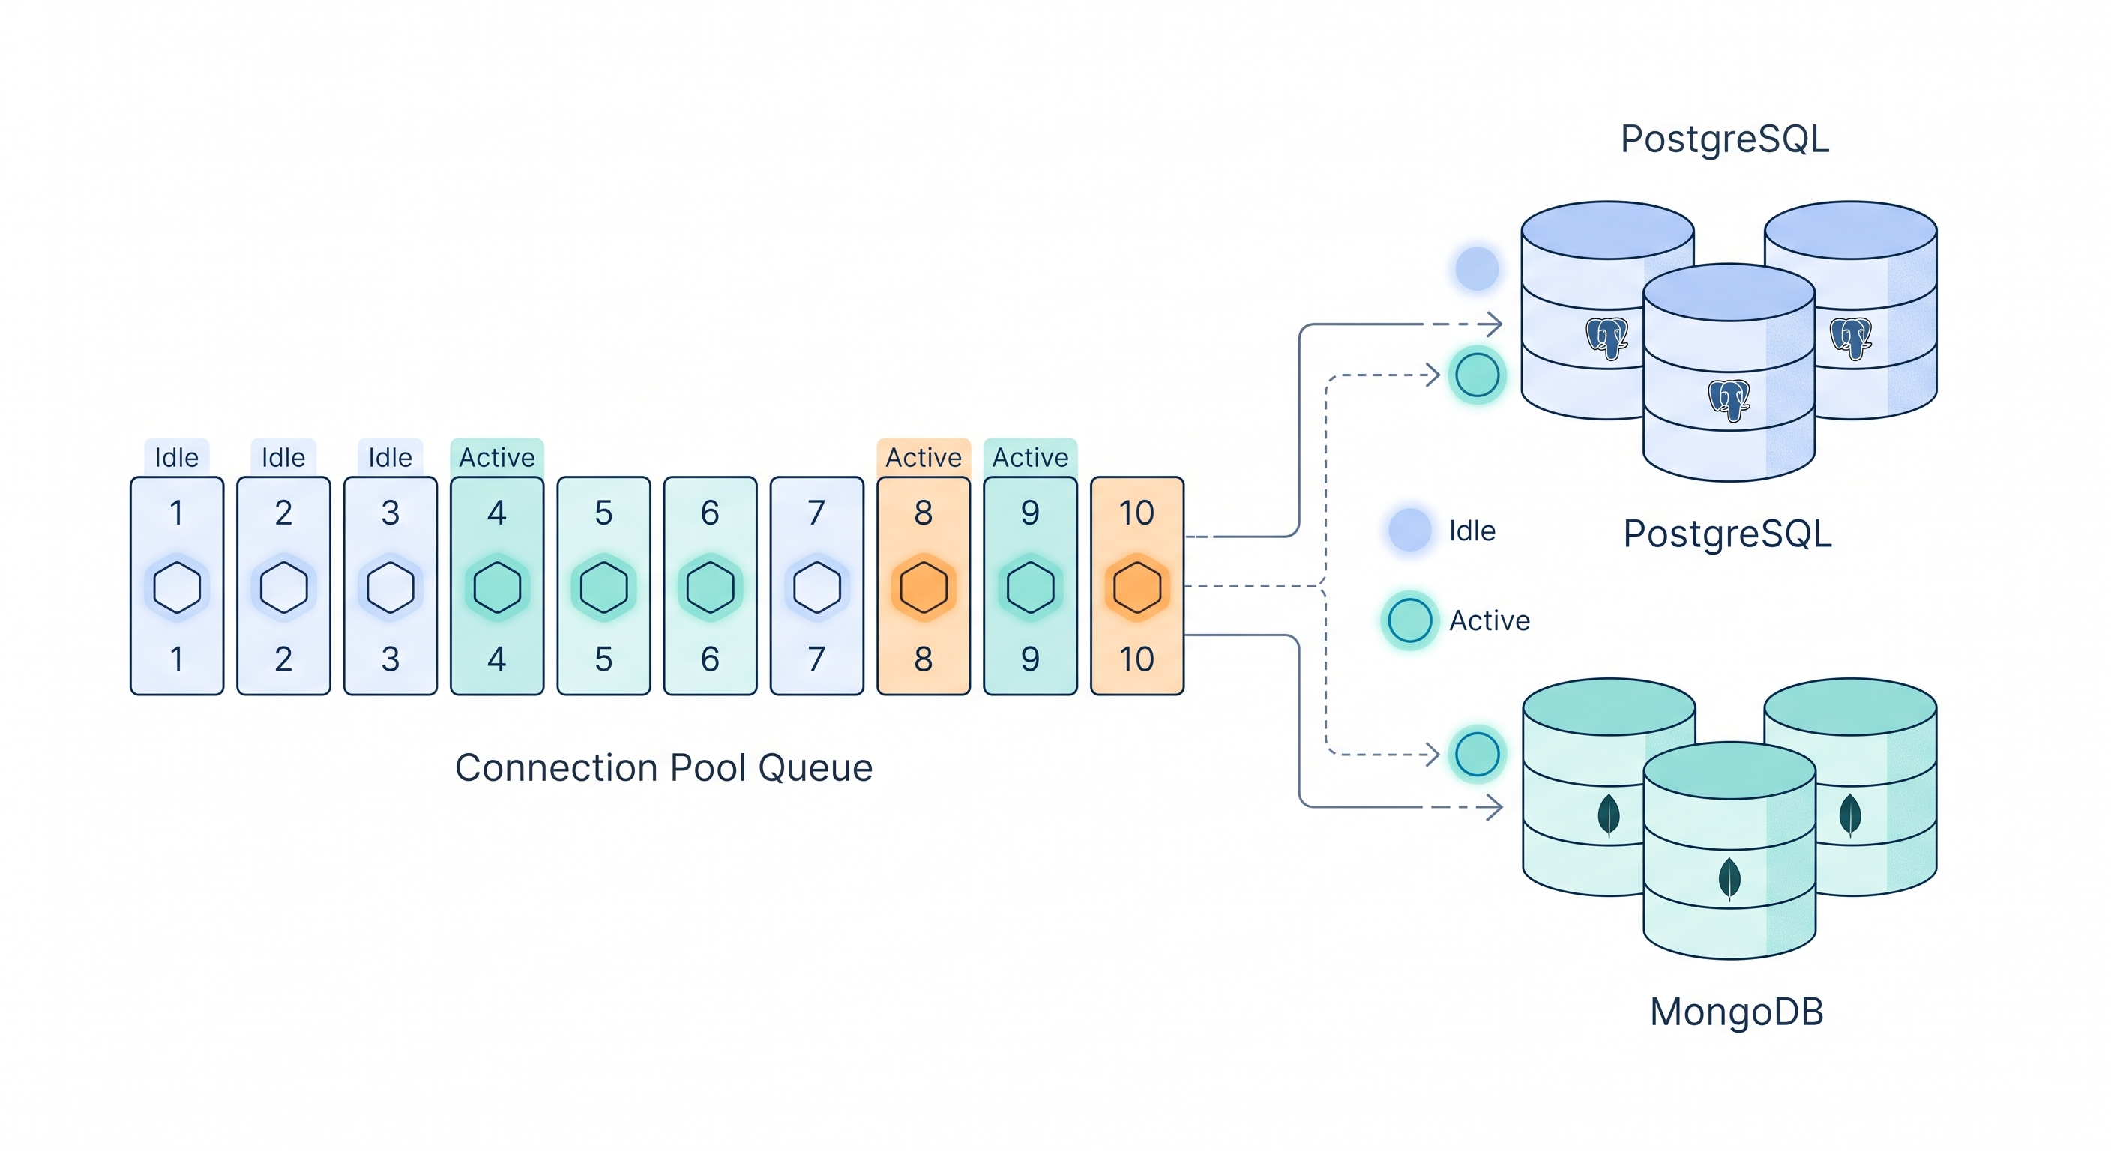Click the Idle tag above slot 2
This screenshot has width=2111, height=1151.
[283, 457]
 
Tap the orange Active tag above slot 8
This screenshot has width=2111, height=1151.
[924, 457]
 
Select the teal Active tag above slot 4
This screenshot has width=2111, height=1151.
[496, 457]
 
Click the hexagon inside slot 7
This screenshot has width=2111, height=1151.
[816, 587]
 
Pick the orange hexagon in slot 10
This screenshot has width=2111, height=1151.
[1136, 587]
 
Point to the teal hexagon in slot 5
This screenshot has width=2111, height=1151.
[603, 587]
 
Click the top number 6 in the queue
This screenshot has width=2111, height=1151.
[710, 513]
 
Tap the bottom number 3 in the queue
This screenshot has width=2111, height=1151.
[390, 659]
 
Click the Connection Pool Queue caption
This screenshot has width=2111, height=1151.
[663, 767]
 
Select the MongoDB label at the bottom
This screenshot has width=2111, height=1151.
[1736, 1012]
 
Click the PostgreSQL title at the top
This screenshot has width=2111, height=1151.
[1725, 139]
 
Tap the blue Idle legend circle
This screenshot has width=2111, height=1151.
[1409, 529]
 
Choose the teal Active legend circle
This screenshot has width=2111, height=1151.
[1409, 620]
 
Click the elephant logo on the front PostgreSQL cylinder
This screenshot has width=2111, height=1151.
[1729, 400]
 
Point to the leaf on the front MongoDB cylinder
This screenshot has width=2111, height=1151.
[1729, 878]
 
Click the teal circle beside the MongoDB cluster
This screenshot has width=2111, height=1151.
[1477, 754]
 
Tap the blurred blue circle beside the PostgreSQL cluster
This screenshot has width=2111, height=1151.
[1477, 268]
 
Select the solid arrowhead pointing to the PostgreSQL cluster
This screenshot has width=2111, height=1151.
[1496, 324]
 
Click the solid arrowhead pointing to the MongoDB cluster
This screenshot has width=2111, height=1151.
[1496, 807]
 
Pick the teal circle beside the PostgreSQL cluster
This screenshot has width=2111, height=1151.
[1477, 375]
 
